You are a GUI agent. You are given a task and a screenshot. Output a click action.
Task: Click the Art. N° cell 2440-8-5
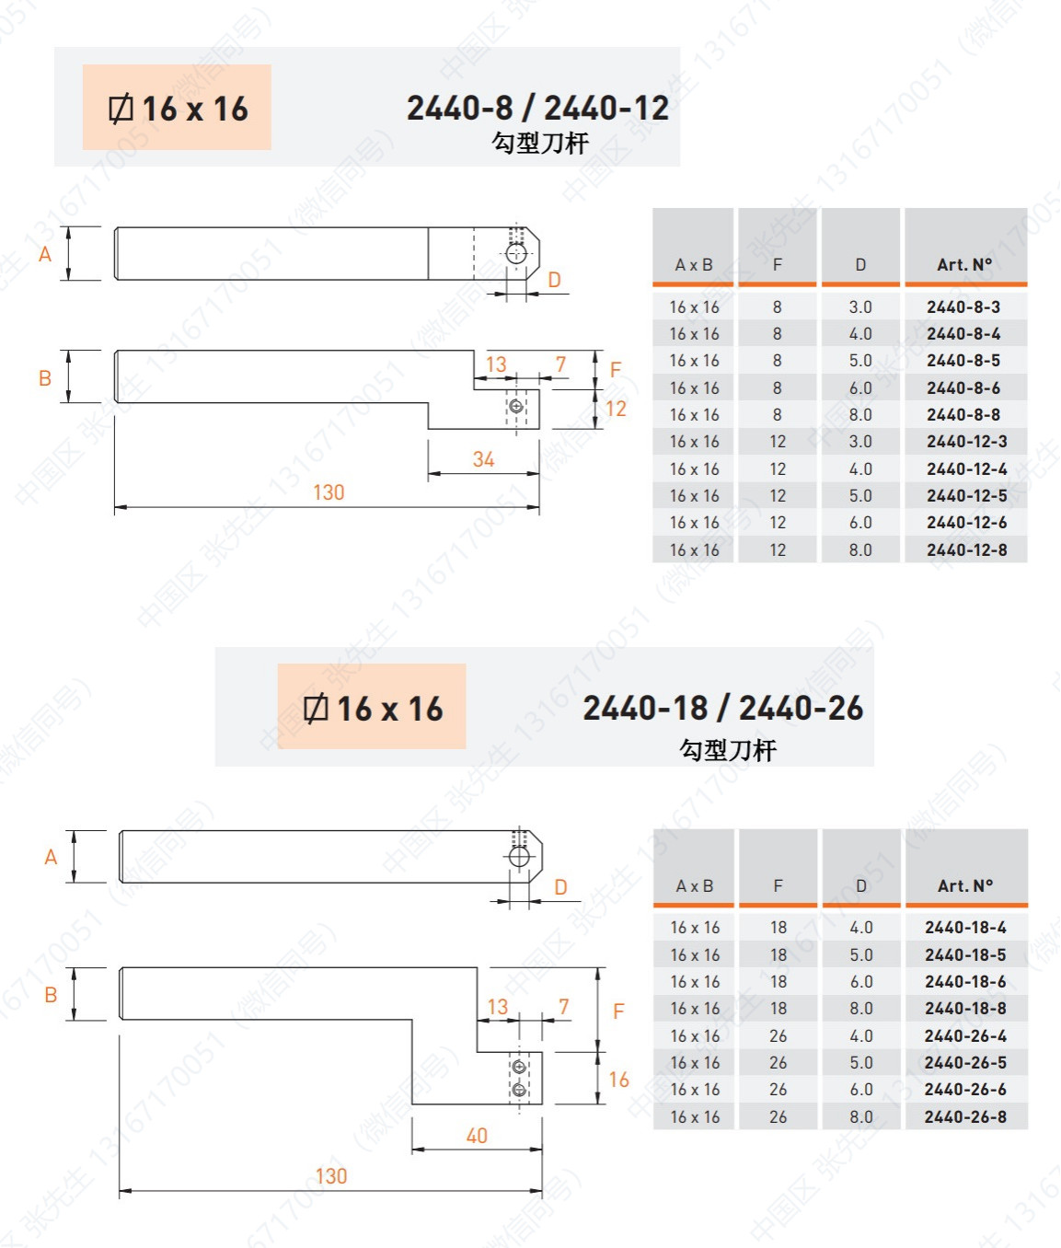point(963,361)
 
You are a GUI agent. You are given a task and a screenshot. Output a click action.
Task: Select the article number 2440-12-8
point(966,550)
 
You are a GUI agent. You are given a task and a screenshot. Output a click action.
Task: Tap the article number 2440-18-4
point(965,928)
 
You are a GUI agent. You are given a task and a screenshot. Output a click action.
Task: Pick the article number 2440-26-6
point(965,1090)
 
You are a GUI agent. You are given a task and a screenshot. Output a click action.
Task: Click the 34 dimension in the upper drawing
point(483,459)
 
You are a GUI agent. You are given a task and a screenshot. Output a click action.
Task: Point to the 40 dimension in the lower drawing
point(477,1136)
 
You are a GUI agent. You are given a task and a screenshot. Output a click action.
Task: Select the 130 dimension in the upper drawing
point(329,492)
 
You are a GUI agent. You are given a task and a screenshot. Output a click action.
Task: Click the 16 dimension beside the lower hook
point(618,1080)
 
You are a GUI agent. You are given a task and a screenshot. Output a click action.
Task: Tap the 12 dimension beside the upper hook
point(616,409)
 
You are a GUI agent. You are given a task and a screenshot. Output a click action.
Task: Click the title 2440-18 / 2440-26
point(722,708)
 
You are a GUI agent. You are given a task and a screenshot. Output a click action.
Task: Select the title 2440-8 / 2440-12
point(537,108)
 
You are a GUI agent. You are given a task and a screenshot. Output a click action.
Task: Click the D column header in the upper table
point(860,265)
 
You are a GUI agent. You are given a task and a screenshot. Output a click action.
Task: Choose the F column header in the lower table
point(778,885)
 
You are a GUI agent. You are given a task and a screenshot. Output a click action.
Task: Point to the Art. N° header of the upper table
point(964,265)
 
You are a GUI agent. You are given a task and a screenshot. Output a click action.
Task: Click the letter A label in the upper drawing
point(45,254)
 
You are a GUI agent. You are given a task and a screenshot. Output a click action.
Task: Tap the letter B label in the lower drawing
point(51,995)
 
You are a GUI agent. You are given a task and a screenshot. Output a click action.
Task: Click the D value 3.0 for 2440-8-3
point(860,307)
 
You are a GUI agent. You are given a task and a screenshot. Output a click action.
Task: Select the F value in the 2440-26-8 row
point(778,1117)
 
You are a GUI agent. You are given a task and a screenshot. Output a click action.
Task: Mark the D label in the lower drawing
point(560,887)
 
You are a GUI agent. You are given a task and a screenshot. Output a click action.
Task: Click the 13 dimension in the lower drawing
point(498,1007)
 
